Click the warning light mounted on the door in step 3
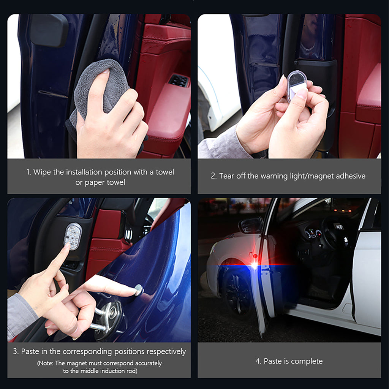coord(73,236)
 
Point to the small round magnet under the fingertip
coord(139,290)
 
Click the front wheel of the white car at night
coord(236,293)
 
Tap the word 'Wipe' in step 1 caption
coord(42,172)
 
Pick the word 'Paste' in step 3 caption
coord(30,351)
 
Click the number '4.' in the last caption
coord(258,361)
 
